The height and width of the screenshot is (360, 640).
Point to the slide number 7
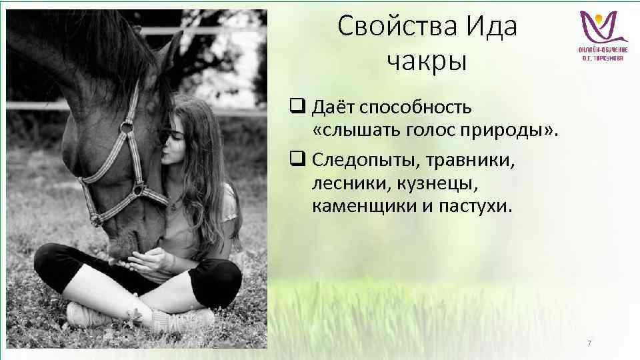click(589, 343)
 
